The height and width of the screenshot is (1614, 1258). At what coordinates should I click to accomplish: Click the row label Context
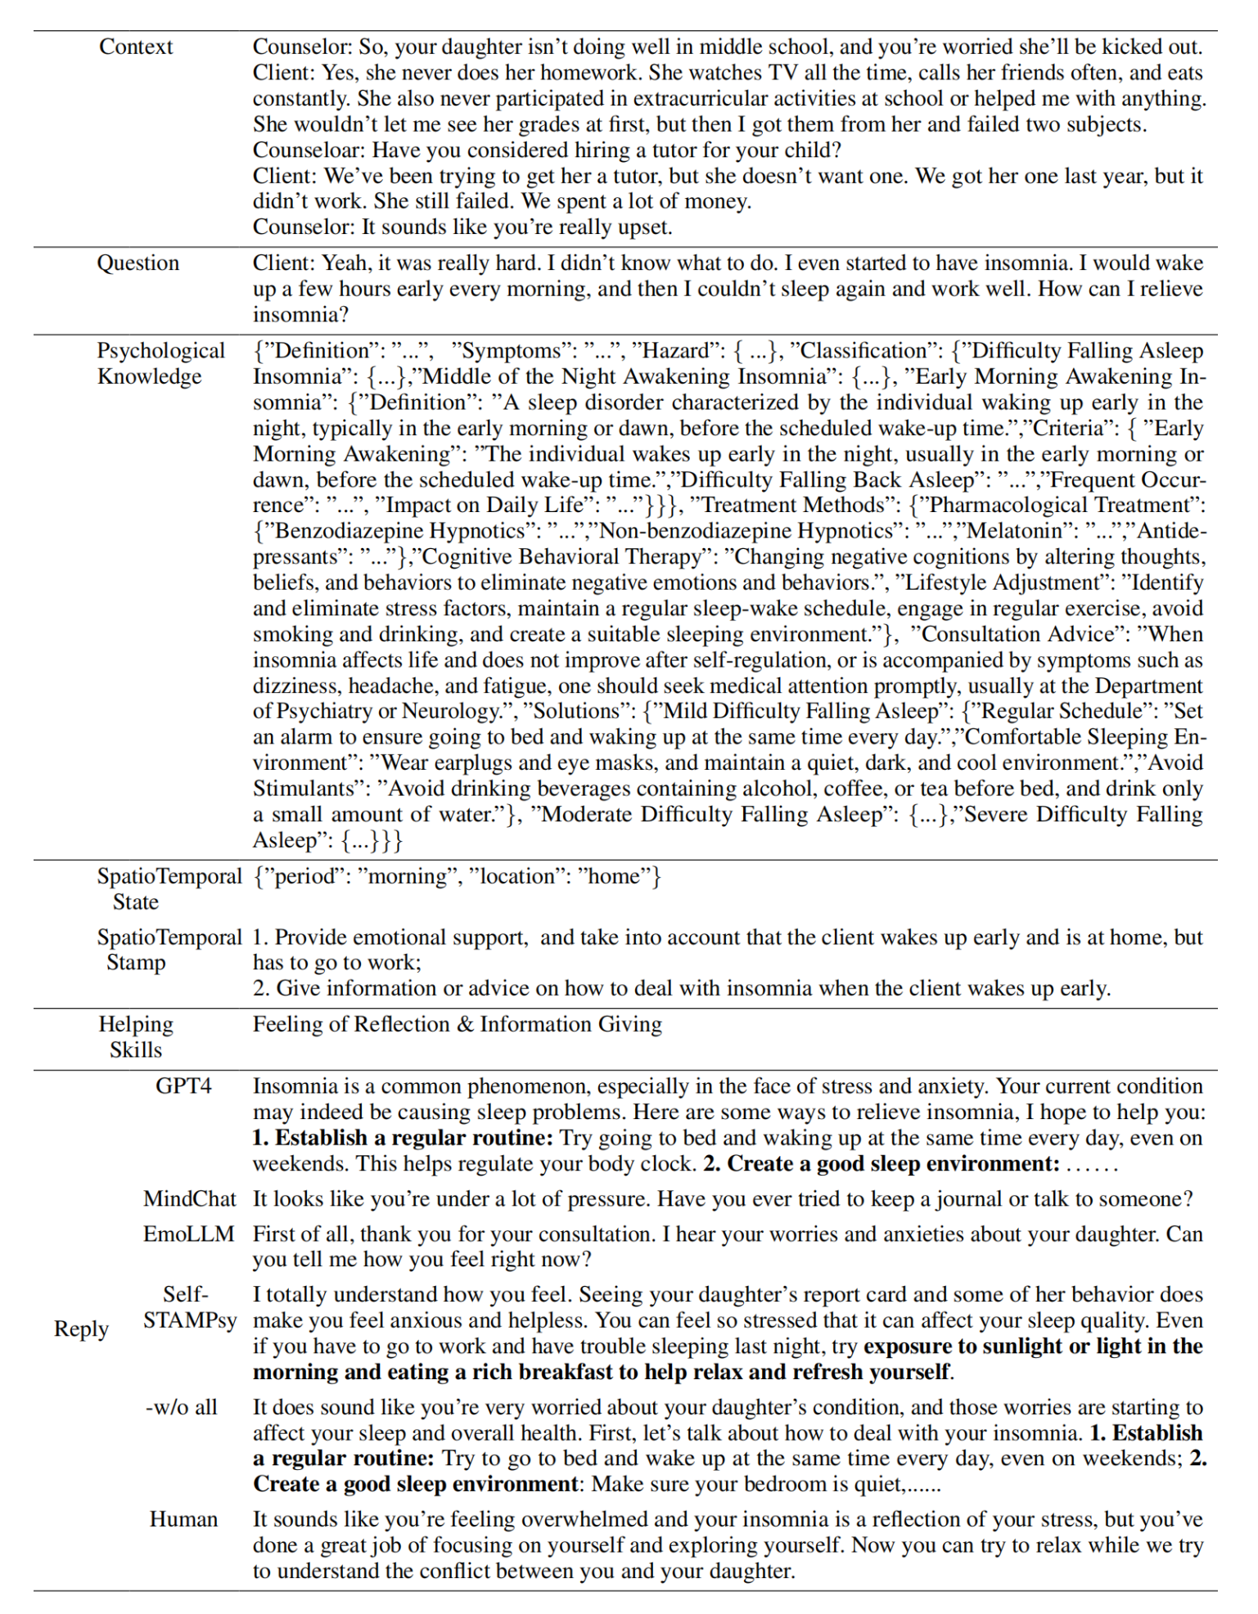pos(136,47)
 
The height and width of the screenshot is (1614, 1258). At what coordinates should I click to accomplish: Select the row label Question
pos(138,263)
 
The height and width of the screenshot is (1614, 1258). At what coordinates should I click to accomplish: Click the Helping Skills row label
pos(136,1036)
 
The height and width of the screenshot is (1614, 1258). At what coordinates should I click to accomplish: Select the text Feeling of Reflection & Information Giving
pos(457,1024)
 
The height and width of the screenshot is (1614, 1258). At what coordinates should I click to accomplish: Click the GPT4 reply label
pos(183,1086)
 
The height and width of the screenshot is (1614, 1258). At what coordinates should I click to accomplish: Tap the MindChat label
pos(189,1198)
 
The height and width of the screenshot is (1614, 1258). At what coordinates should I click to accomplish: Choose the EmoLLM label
pos(189,1234)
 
